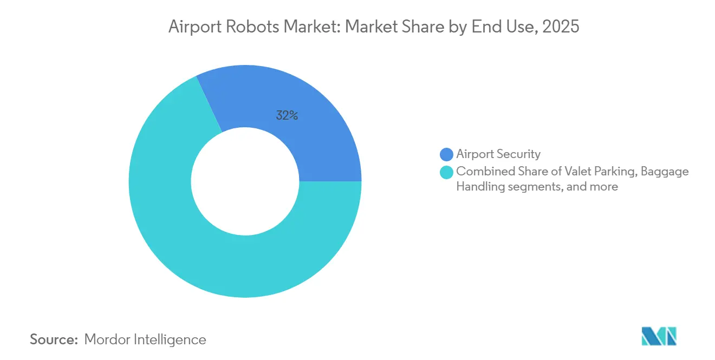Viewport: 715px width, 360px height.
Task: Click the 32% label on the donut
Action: click(287, 115)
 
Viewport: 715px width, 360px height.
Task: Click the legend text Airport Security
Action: click(498, 154)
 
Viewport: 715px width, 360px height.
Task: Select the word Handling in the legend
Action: click(480, 187)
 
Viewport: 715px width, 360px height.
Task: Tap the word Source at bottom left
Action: click(54, 339)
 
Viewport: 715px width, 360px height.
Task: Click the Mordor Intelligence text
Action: click(145, 339)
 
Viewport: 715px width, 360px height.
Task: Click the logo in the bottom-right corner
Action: click(659, 336)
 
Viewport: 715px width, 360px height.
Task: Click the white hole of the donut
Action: click(245, 181)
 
